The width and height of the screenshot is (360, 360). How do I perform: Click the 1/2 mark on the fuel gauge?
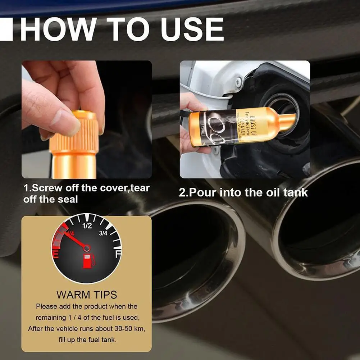click(x=87, y=226)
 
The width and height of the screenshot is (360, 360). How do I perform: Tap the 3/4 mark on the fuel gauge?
click(x=103, y=233)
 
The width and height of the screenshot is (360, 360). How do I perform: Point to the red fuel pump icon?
click(x=87, y=260)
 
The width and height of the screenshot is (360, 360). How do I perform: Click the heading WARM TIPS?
click(x=87, y=295)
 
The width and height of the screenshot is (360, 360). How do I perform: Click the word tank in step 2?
click(x=295, y=192)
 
